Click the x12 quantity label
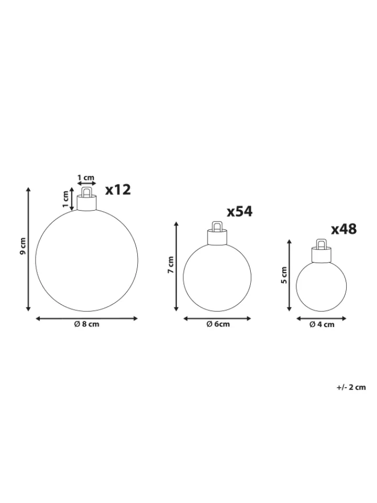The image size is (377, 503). click(x=118, y=190)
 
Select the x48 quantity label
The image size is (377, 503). click(x=343, y=229)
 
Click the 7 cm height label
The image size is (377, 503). click(x=170, y=265)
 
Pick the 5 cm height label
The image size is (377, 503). click(x=284, y=275)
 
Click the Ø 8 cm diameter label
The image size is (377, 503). click(x=86, y=324)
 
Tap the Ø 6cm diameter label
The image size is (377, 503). click(x=218, y=324)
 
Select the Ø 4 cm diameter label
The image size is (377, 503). click(x=322, y=325)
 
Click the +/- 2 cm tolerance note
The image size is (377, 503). click(x=351, y=387)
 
